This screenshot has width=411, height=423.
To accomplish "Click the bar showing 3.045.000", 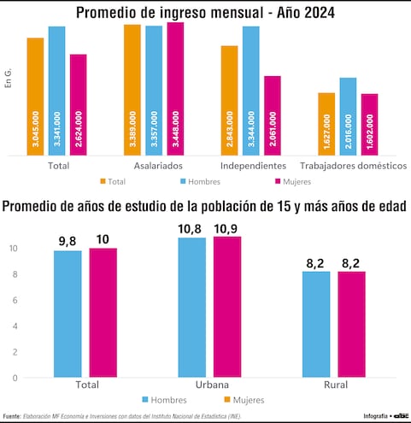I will point(35,97).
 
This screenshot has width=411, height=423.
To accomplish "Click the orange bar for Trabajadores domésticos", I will point(326,125).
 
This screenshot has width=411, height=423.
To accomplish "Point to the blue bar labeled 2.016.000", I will point(348,117).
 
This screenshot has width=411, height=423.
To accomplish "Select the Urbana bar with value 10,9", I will point(227,307).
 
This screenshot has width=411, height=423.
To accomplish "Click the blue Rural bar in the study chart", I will point(316,325).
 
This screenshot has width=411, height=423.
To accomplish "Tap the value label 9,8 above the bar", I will point(68,242).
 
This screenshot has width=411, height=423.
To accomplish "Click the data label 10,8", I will point(191,229).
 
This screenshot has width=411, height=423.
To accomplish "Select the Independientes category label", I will point(252,165).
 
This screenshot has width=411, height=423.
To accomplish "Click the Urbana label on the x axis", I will point(209,385).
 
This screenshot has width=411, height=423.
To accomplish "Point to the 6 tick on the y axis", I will point(13,300).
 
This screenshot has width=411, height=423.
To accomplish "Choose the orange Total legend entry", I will point(113,181).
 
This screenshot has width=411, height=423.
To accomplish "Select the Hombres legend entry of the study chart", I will point(170,400).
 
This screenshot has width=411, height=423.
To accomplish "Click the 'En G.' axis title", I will point(9,82).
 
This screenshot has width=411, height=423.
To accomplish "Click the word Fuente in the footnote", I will point(12,416).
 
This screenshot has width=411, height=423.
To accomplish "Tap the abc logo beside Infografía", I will point(401,416).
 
